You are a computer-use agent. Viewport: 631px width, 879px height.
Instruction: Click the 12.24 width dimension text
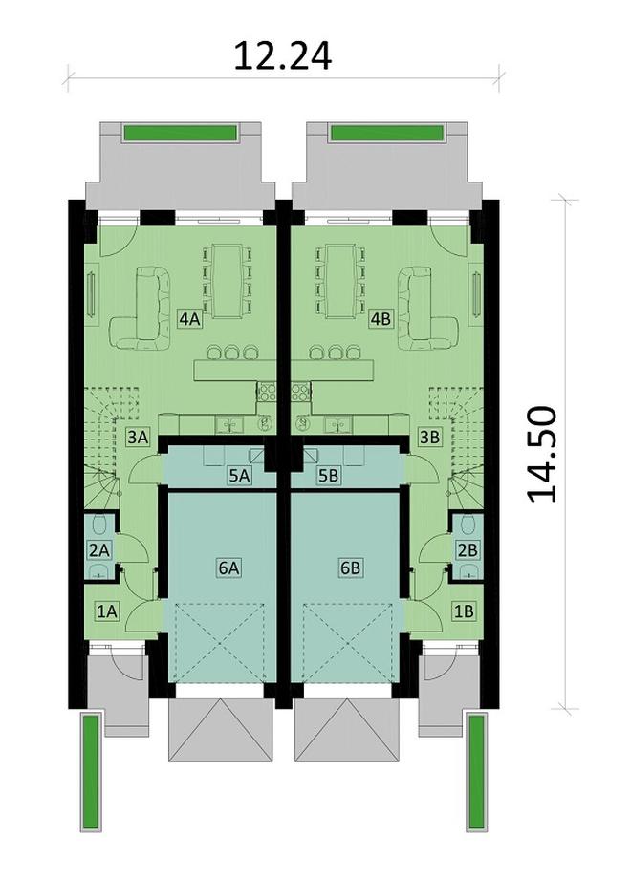[283, 55]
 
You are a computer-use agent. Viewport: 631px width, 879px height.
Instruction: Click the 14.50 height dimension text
[542, 453]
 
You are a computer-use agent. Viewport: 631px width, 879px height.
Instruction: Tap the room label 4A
[188, 319]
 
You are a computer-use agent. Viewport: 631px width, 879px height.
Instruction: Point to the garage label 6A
[228, 568]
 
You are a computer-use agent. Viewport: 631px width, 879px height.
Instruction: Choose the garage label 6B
[351, 568]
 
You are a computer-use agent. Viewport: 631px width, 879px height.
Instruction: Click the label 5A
[237, 474]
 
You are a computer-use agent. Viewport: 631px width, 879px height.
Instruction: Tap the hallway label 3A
[138, 439]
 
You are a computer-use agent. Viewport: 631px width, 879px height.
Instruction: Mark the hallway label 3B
[429, 439]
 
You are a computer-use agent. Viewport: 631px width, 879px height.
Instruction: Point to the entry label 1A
[105, 610]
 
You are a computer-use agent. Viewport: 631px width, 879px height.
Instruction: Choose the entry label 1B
[464, 610]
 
